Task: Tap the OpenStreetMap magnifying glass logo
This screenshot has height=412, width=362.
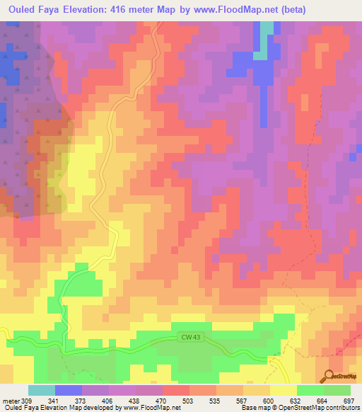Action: pos(329,375)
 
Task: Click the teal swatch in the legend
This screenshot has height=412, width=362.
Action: pos(42,390)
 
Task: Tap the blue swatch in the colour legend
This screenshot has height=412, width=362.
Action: pos(69,390)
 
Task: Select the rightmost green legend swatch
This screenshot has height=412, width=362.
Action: pos(337,390)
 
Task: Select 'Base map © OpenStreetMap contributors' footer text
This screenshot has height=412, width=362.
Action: pos(300,408)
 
